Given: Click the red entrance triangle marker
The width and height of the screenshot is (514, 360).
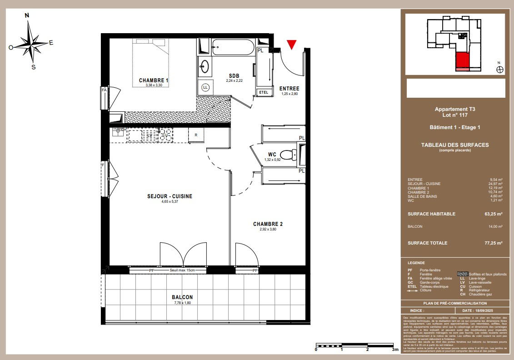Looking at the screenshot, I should (292, 45).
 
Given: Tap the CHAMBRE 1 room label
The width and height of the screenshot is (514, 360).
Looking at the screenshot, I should (154, 80).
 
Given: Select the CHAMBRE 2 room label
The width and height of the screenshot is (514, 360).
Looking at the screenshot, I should (268, 224).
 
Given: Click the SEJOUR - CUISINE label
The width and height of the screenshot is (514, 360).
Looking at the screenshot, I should (170, 196).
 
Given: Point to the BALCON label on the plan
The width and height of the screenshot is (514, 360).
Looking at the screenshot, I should (182, 297).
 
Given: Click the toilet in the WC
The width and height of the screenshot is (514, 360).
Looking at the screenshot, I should (287, 155).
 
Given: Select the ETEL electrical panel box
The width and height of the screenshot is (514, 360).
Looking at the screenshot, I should (264, 92).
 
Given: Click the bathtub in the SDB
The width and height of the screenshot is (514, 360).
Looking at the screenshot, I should (232, 47).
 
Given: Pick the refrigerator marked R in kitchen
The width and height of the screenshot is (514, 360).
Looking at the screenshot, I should (196, 135).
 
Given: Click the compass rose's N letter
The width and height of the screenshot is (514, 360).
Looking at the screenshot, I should (27, 15).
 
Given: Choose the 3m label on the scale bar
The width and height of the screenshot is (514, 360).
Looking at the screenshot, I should (394, 350).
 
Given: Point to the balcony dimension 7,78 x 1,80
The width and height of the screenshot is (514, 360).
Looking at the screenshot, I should (182, 303).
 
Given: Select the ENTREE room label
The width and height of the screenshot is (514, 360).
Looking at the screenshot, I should (289, 89).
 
